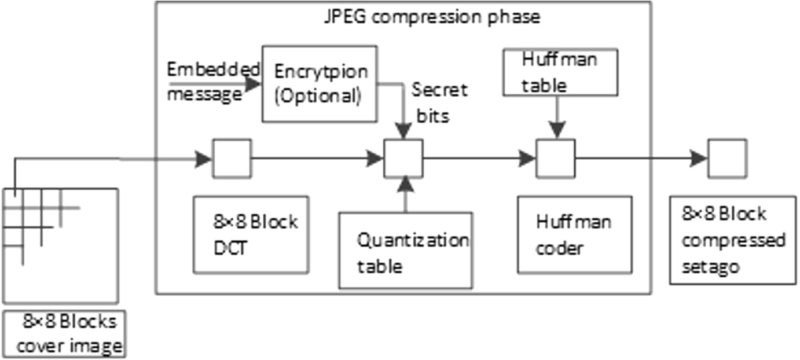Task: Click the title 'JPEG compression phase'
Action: [431, 16]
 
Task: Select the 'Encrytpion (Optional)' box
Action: [320, 83]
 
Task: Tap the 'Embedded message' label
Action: [212, 82]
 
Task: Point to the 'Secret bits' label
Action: [439, 102]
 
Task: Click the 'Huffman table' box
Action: [560, 72]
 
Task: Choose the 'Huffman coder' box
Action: [574, 234]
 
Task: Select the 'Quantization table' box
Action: [405, 250]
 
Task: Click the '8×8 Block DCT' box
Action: [251, 234]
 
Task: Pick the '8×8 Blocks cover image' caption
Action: [65, 334]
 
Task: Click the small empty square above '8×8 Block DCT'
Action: [232, 158]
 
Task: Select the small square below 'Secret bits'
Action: [404, 158]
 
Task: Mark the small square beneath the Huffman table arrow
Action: [555, 158]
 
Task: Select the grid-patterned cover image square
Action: [60, 245]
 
